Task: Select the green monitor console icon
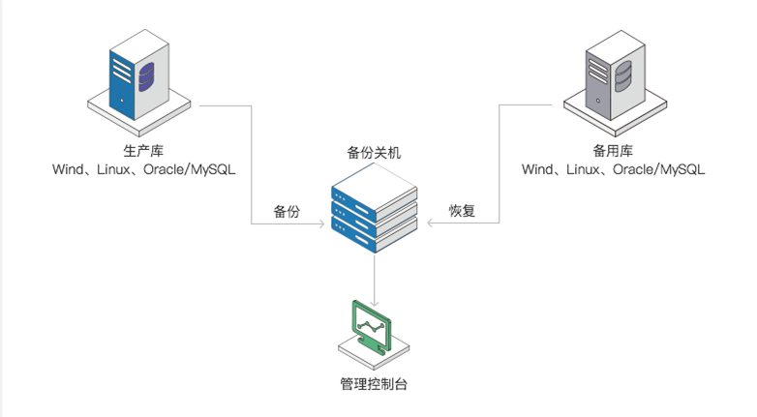[x=374, y=329]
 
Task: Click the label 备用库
[x=612, y=152]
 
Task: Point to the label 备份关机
[x=374, y=152]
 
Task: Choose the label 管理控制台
[x=374, y=384]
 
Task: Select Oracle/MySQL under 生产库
[x=190, y=170]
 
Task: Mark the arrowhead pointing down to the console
[x=374, y=295]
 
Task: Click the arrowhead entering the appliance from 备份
[x=320, y=224]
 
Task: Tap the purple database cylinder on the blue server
[x=146, y=74]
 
